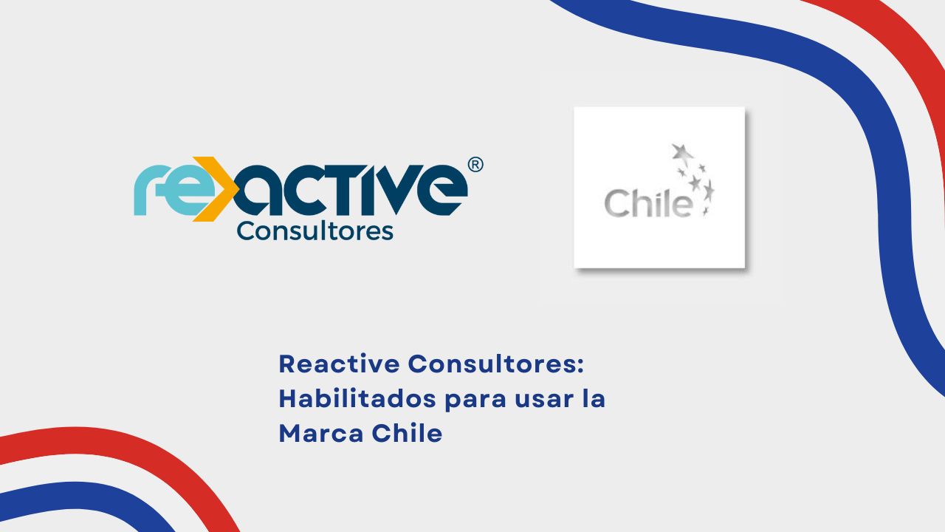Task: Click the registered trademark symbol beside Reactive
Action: [475, 165]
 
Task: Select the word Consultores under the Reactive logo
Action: [315, 231]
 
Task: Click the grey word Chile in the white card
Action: [648, 203]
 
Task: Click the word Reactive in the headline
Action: [339, 364]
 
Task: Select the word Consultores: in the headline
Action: [496, 364]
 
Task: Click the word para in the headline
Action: [475, 401]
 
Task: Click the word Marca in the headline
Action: [320, 434]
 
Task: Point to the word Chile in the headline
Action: [407, 433]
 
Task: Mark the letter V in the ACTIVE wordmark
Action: [391, 190]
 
